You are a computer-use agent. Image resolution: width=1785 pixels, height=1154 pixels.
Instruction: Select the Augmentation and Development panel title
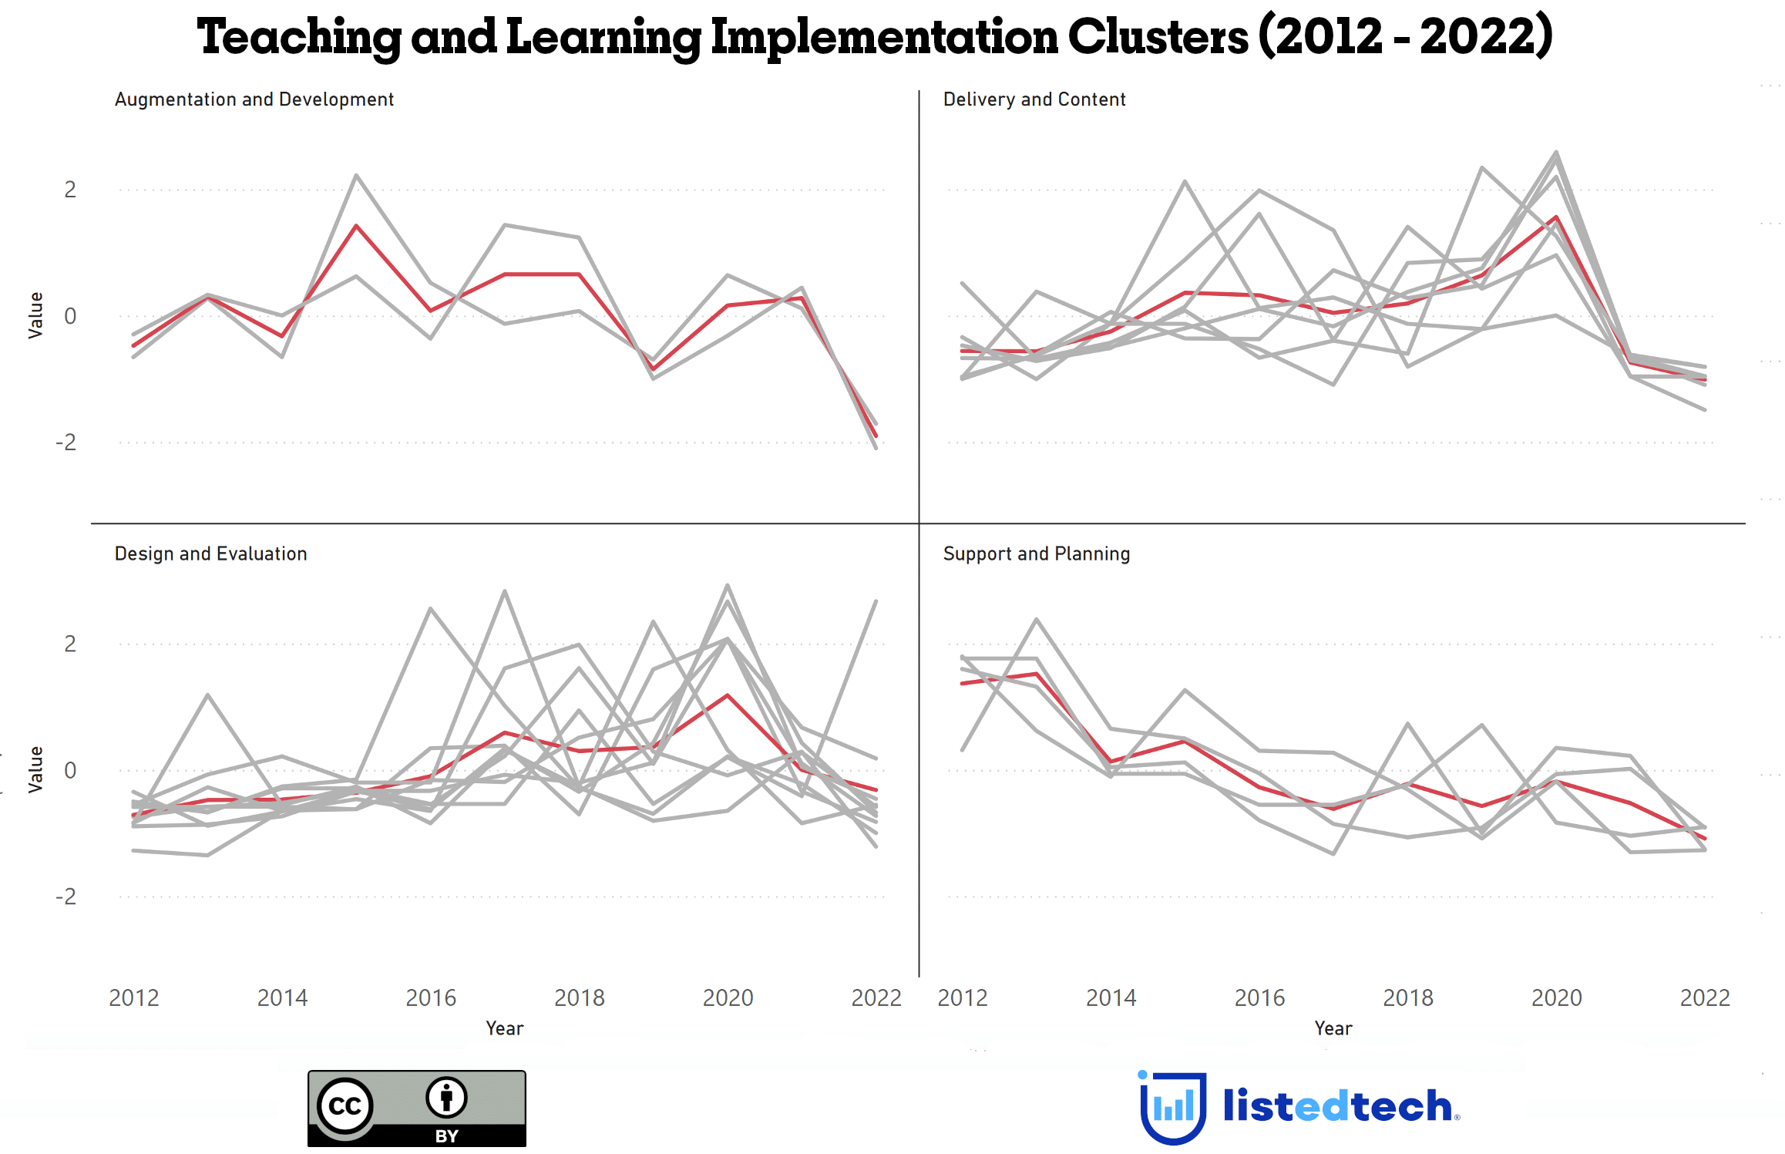pyautogui.click(x=254, y=99)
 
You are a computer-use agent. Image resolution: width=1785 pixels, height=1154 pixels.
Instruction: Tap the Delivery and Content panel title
pyautogui.click(x=1034, y=99)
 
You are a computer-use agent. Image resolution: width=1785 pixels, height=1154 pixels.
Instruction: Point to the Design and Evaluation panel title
pyautogui.click(x=210, y=553)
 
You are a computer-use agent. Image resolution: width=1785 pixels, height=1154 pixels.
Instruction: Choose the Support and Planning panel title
pyautogui.click(x=1036, y=553)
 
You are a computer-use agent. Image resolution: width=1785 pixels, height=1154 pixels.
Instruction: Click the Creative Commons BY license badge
pyautogui.click(x=416, y=1108)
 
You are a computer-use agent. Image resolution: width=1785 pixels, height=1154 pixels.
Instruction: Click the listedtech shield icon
pyautogui.click(x=1172, y=1107)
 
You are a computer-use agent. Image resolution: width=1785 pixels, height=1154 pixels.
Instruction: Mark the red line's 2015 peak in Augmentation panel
pyautogui.click(x=356, y=226)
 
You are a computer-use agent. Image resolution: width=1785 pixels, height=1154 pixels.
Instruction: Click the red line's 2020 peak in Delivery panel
pyautogui.click(x=1557, y=217)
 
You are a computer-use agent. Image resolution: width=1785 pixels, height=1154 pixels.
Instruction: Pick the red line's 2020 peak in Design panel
pyautogui.click(x=728, y=695)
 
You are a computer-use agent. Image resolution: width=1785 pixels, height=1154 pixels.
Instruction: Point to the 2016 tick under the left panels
pyautogui.click(x=431, y=998)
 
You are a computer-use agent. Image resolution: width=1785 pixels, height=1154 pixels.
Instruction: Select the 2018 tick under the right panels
pyautogui.click(x=1408, y=998)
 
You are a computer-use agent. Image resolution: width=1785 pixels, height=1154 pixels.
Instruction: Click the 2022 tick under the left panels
pyautogui.click(x=876, y=998)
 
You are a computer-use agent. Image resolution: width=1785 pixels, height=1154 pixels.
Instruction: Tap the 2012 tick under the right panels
pyautogui.click(x=963, y=998)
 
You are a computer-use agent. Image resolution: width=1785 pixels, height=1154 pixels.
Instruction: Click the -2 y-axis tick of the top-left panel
pyautogui.click(x=66, y=442)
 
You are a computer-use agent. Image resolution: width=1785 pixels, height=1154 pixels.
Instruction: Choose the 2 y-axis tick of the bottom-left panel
pyautogui.click(x=70, y=644)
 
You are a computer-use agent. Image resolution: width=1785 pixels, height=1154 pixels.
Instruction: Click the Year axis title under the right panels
pyautogui.click(x=1333, y=1028)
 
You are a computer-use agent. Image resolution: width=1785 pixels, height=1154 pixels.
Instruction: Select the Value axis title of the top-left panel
pyautogui.click(x=35, y=315)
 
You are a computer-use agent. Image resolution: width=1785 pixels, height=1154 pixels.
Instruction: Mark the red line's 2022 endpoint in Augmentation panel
pyautogui.click(x=876, y=436)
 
